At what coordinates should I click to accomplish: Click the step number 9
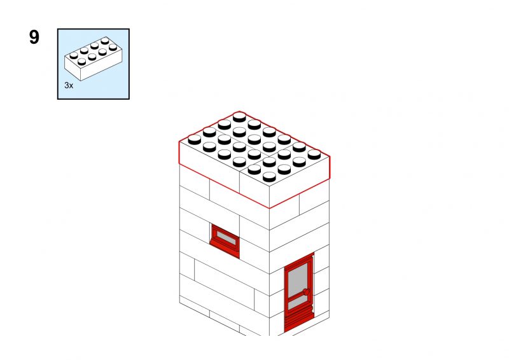[34, 37]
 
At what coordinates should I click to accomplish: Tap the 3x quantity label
[69, 85]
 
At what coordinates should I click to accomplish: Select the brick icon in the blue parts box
[94, 59]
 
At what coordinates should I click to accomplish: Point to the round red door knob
[307, 293]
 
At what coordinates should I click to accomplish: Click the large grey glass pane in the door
[298, 280]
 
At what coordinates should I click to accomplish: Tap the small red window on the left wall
[225, 241]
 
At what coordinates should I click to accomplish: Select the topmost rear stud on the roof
[239, 117]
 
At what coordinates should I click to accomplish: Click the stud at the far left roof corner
[195, 139]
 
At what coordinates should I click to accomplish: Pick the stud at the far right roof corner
[314, 154]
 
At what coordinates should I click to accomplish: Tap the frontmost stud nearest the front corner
[269, 177]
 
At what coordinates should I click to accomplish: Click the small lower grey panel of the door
[298, 303]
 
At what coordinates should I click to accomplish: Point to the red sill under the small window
[225, 247]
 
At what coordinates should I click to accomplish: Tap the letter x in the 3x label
[71, 86]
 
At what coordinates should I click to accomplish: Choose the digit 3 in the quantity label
[67, 85]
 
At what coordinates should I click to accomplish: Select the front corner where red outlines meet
[269, 208]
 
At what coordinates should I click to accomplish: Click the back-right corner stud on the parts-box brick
[113, 48]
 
